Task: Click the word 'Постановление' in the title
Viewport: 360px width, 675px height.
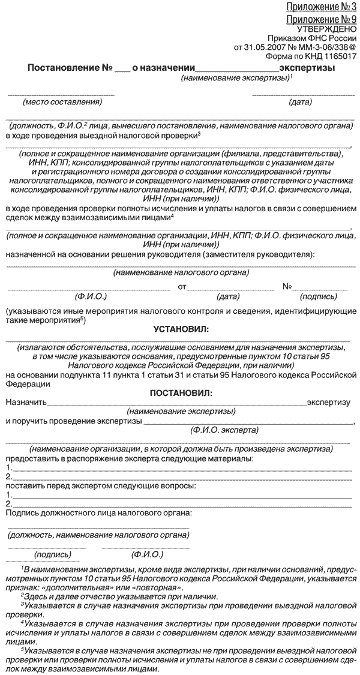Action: tap(58, 68)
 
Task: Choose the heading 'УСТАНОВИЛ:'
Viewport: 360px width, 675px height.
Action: tap(179, 329)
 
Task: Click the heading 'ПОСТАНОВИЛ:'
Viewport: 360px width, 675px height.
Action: tap(179, 394)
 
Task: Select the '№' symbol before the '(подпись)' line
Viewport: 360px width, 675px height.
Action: tap(287, 287)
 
